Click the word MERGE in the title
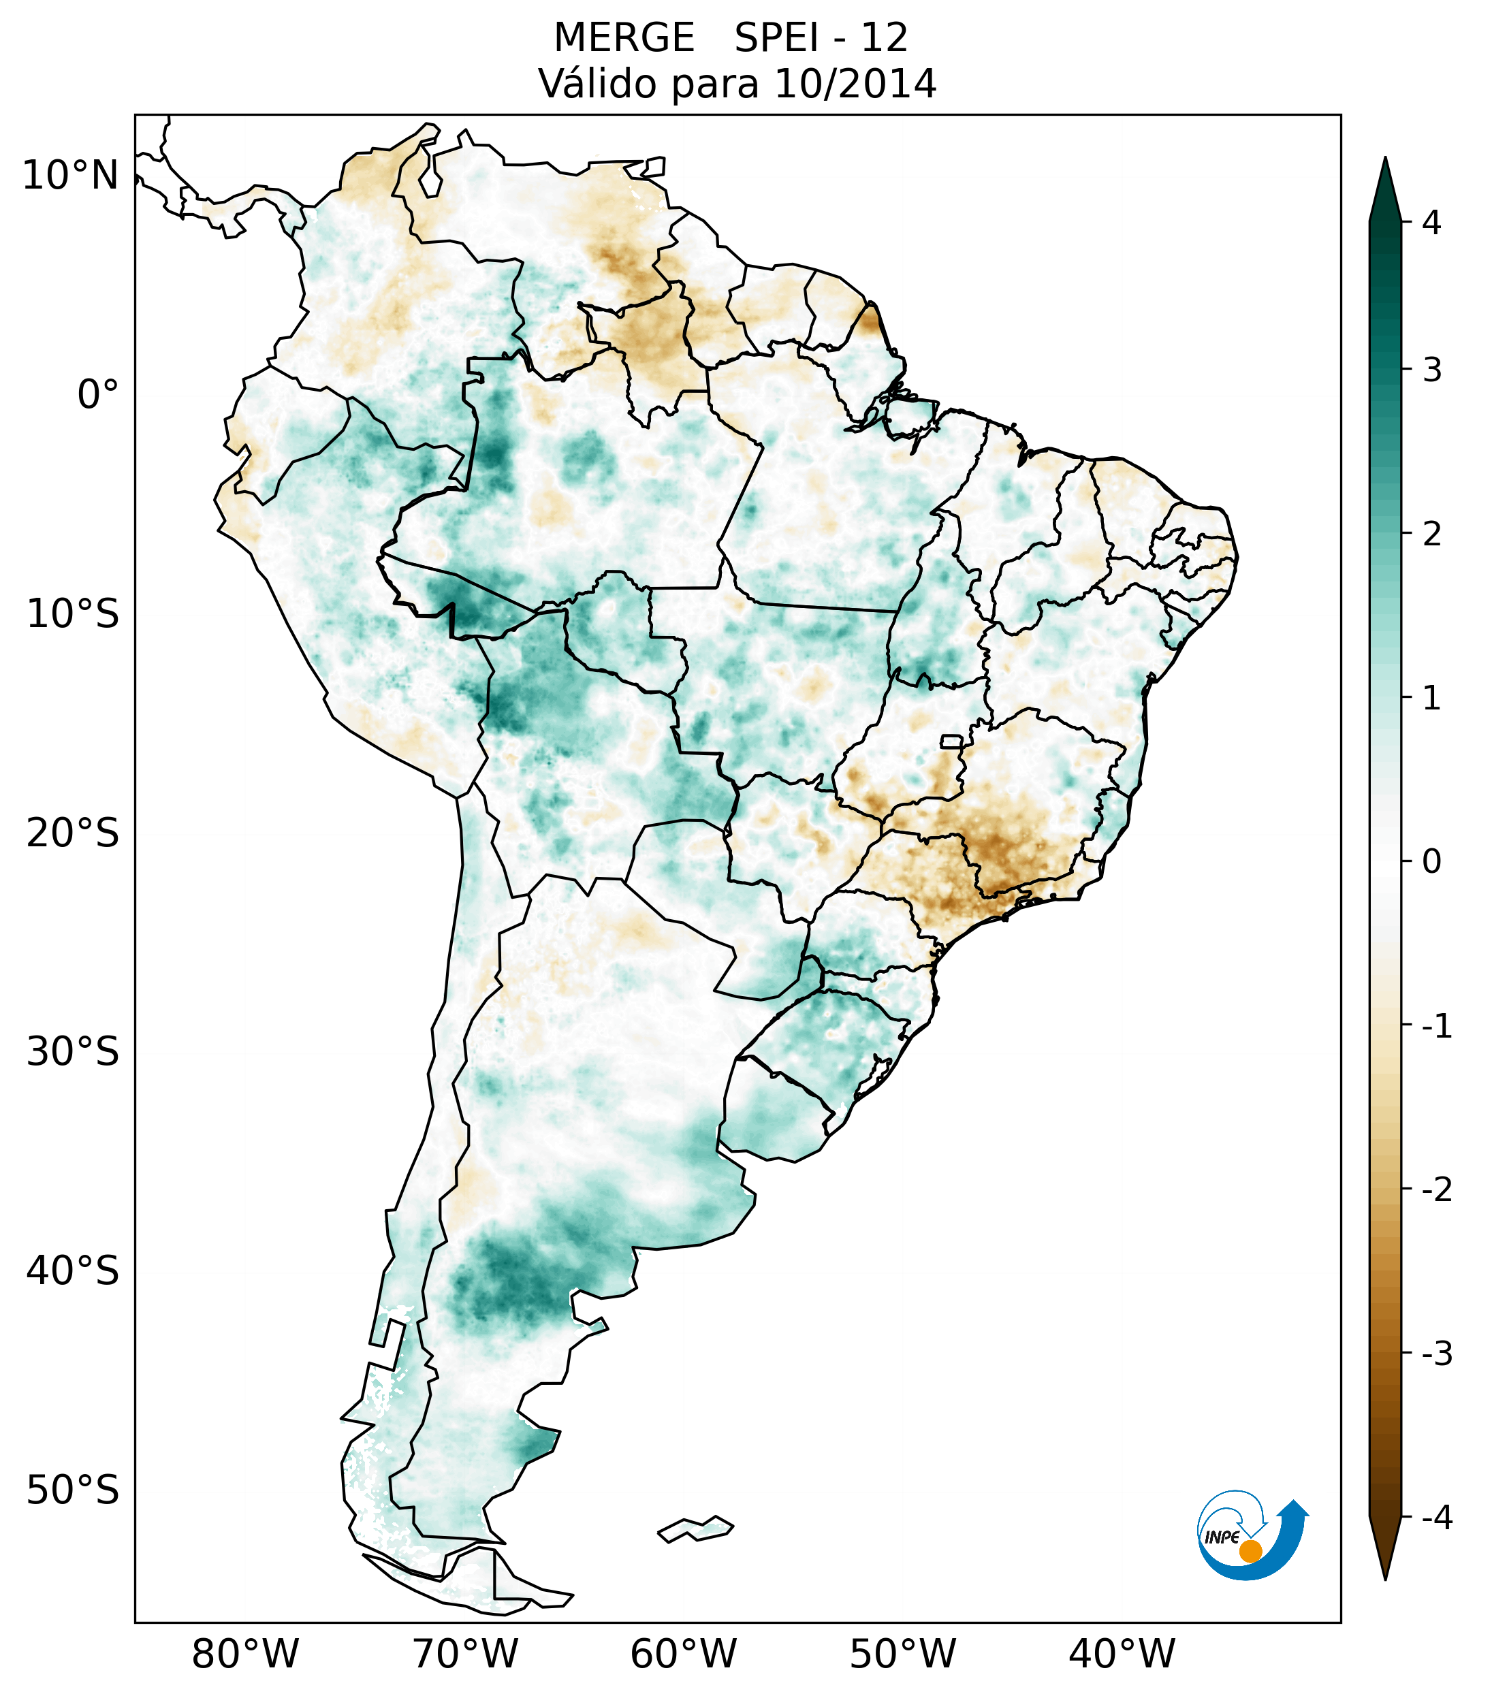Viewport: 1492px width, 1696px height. pyautogui.click(x=623, y=38)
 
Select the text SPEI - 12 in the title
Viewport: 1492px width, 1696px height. pyautogui.click(x=821, y=38)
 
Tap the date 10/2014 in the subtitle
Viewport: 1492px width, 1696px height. pyautogui.click(x=855, y=84)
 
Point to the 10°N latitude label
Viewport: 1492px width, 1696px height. pyautogui.click(x=71, y=176)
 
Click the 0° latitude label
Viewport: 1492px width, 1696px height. pyautogui.click(x=97, y=395)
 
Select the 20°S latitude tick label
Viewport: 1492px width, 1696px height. pyautogui.click(x=73, y=833)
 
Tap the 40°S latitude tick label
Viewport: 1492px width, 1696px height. pyautogui.click(x=73, y=1271)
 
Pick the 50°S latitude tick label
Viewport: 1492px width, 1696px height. pyautogui.click(x=73, y=1490)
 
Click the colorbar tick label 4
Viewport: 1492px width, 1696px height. pyautogui.click(x=1431, y=223)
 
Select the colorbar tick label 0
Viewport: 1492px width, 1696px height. pyautogui.click(x=1431, y=862)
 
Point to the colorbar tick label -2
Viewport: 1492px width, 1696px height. pyautogui.click(x=1435, y=1190)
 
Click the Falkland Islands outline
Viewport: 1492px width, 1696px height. pyautogui.click(x=695, y=1529)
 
